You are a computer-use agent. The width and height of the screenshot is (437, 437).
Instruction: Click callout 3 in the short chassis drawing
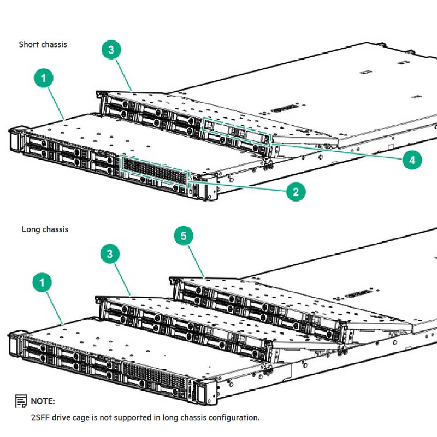(x=111, y=50)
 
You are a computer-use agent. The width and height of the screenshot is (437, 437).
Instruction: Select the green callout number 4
(x=411, y=160)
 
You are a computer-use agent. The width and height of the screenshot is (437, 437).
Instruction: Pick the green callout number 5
(x=184, y=236)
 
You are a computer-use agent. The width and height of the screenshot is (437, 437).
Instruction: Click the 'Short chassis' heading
(x=43, y=44)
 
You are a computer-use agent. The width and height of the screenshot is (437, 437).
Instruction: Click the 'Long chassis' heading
(x=45, y=229)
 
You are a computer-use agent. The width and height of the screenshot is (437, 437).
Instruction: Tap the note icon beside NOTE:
(x=21, y=401)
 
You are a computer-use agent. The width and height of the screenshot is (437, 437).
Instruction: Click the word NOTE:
(x=43, y=401)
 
